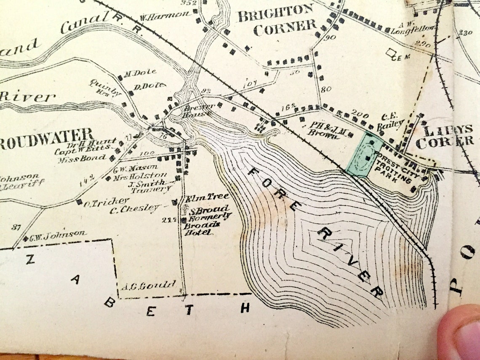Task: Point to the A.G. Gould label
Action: (148, 285)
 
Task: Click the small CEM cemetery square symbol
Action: (392, 53)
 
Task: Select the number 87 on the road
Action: (16, 227)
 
